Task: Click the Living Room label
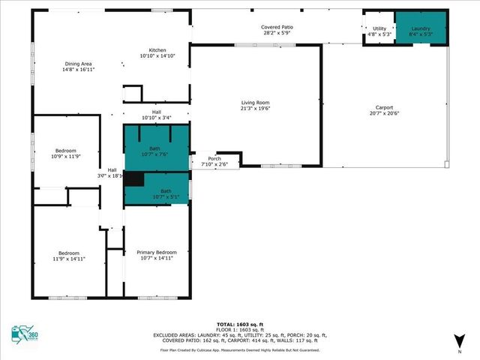tap(255, 103)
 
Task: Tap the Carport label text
tap(384, 107)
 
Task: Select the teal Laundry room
tap(421, 28)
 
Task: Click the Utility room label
tap(379, 28)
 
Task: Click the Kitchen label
tap(157, 50)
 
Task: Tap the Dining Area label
tap(78, 65)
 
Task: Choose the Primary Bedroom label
tap(157, 252)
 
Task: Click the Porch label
tap(214, 158)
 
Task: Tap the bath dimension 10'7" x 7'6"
tap(154, 154)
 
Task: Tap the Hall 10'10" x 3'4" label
tap(157, 115)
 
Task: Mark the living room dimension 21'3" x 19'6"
tap(255, 109)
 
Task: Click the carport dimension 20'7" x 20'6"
tap(384, 113)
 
